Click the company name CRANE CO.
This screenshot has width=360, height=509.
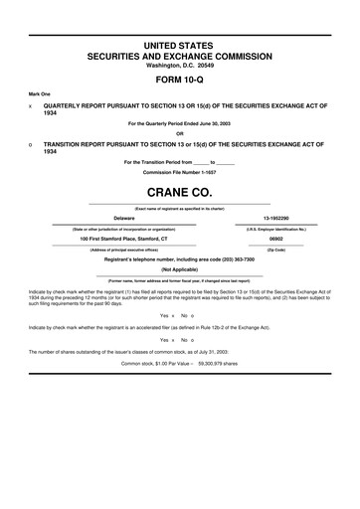(x=180, y=192)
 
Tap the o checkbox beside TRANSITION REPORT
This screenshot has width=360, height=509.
(x=32, y=144)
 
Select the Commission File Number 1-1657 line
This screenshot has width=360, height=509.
(x=179, y=171)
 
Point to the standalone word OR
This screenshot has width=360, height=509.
(x=179, y=134)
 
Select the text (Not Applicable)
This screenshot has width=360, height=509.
(x=179, y=269)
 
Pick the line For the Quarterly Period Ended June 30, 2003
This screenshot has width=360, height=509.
(x=179, y=124)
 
